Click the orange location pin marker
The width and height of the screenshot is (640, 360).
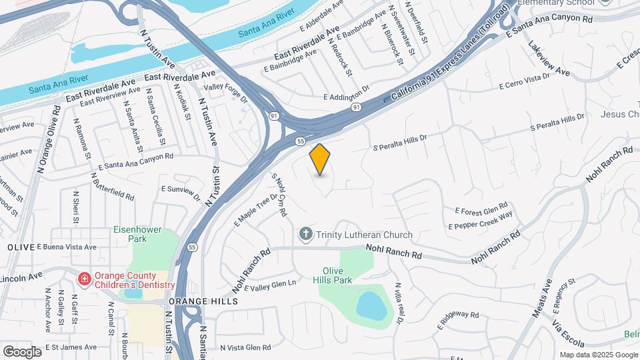click(x=320, y=159)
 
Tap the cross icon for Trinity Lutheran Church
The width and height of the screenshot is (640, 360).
click(x=305, y=235)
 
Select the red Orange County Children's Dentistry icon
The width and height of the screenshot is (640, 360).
click(x=85, y=279)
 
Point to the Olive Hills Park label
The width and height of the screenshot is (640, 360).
click(x=337, y=275)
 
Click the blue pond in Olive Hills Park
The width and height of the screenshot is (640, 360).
click(x=369, y=305)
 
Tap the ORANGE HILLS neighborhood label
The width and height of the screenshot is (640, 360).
click(x=203, y=301)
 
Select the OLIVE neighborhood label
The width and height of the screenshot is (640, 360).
click(x=21, y=247)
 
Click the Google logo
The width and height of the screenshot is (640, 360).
click(x=22, y=351)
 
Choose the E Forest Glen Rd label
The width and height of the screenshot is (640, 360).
click(x=481, y=208)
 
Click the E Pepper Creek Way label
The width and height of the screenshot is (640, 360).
click(x=481, y=221)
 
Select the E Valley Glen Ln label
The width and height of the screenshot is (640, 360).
click(x=270, y=285)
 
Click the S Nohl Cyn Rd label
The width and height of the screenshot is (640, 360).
click(x=279, y=195)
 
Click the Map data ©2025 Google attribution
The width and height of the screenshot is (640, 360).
click(x=597, y=355)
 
